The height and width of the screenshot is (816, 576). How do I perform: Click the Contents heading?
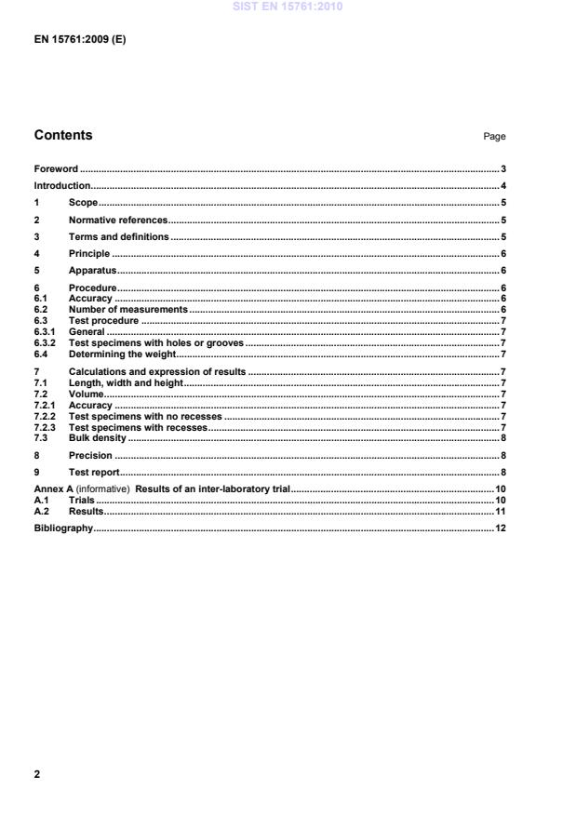point(63,135)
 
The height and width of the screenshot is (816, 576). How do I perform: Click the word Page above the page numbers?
point(494,137)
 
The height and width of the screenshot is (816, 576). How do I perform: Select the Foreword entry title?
point(56,169)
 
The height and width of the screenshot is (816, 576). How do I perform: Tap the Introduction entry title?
point(62,186)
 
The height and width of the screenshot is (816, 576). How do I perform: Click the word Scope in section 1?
point(83,202)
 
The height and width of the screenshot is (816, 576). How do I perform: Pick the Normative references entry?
point(117,220)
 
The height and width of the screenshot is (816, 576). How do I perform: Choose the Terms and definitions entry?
point(118,236)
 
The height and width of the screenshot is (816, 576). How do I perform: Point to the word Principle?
point(89,253)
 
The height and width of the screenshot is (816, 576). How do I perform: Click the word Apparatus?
point(93,270)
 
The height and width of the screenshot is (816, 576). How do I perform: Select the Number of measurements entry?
point(128,309)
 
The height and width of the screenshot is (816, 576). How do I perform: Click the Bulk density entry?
point(97,437)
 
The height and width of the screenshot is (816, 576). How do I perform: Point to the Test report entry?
point(94,473)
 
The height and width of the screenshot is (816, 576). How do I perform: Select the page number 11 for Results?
point(500,511)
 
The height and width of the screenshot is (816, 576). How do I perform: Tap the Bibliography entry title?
point(63,528)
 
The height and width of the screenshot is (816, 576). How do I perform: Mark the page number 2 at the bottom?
point(37,773)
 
